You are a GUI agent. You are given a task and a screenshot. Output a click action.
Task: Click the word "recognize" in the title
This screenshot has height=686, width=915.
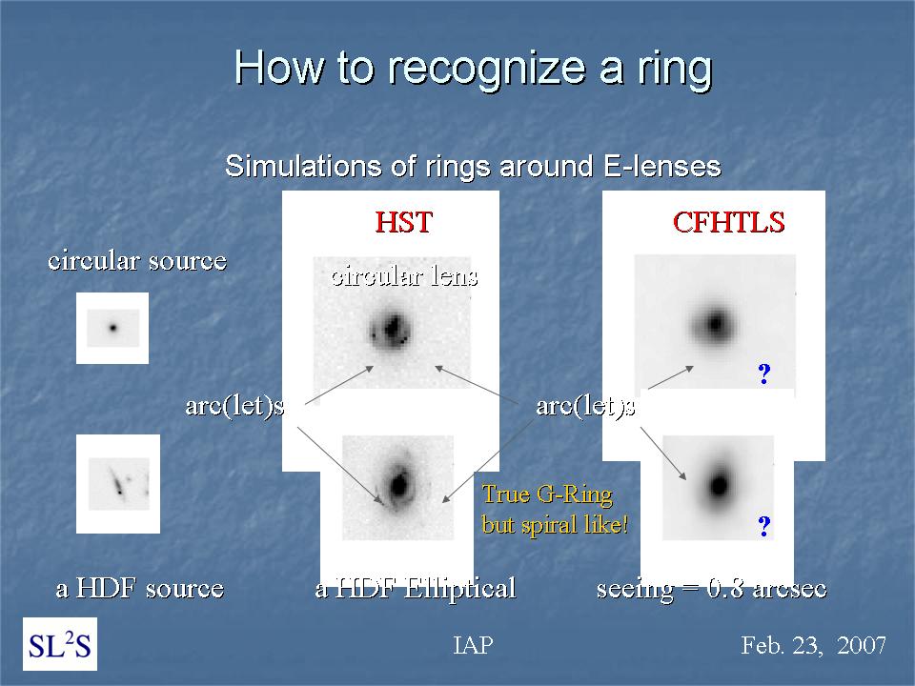(486, 69)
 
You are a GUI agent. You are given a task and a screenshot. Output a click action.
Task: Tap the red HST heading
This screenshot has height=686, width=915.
(404, 222)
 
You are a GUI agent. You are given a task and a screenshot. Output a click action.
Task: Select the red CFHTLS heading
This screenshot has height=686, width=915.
(729, 222)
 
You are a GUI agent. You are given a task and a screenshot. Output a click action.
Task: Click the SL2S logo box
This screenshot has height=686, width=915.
(60, 644)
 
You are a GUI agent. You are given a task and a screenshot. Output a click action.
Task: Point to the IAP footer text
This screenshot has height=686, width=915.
(474, 645)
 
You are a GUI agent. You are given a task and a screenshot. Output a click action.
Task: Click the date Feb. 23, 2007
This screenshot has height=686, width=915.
(813, 645)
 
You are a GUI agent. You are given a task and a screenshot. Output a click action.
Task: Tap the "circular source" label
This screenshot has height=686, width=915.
(137, 260)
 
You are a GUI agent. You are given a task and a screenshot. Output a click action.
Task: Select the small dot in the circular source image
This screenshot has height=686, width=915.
(113, 328)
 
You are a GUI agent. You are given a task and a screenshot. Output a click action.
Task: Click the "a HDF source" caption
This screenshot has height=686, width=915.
(140, 588)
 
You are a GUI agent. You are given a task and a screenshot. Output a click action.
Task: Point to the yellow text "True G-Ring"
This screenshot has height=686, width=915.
(547, 494)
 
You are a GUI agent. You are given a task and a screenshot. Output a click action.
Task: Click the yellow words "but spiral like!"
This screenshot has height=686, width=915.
(555, 524)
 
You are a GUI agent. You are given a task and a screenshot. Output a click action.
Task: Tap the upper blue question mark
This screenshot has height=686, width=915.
(763, 373)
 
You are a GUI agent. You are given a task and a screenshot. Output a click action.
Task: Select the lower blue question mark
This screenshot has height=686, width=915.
(763, 526)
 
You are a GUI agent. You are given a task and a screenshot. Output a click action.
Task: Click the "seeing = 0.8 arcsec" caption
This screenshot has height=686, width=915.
(711, 589)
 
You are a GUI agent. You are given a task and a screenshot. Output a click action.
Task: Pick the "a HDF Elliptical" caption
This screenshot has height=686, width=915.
(416, 588)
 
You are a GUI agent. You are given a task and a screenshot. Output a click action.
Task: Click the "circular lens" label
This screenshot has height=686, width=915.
(404, 275)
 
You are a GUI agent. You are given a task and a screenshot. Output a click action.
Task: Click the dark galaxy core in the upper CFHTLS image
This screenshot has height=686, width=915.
(715, 323)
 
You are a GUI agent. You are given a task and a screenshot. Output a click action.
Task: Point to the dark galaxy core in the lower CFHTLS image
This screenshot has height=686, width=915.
(719, 485)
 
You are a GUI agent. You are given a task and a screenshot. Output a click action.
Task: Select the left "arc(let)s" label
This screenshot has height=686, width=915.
(235, 406)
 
